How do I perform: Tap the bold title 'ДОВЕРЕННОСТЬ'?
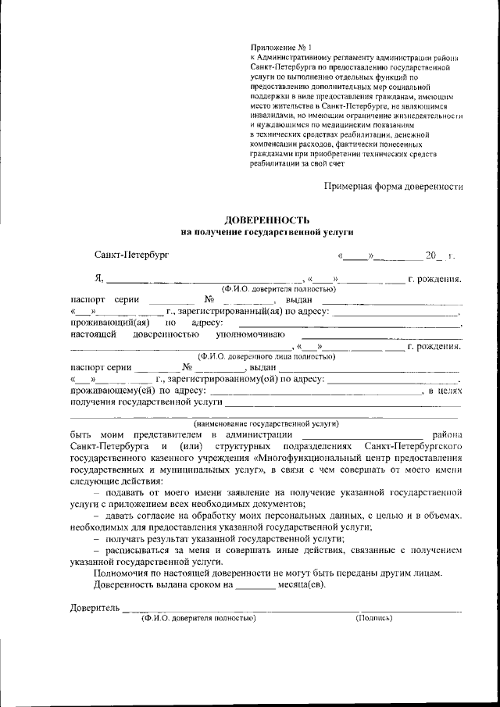267,220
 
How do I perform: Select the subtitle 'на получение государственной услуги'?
267,232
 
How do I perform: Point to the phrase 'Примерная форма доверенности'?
394,186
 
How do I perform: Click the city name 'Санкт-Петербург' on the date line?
130,255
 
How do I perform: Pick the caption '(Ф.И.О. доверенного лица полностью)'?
266,356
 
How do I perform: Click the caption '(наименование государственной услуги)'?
266,423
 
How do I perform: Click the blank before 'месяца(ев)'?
255,585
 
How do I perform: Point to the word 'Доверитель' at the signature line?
94,607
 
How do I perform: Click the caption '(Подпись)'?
374,617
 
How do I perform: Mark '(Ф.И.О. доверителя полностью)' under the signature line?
198,617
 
